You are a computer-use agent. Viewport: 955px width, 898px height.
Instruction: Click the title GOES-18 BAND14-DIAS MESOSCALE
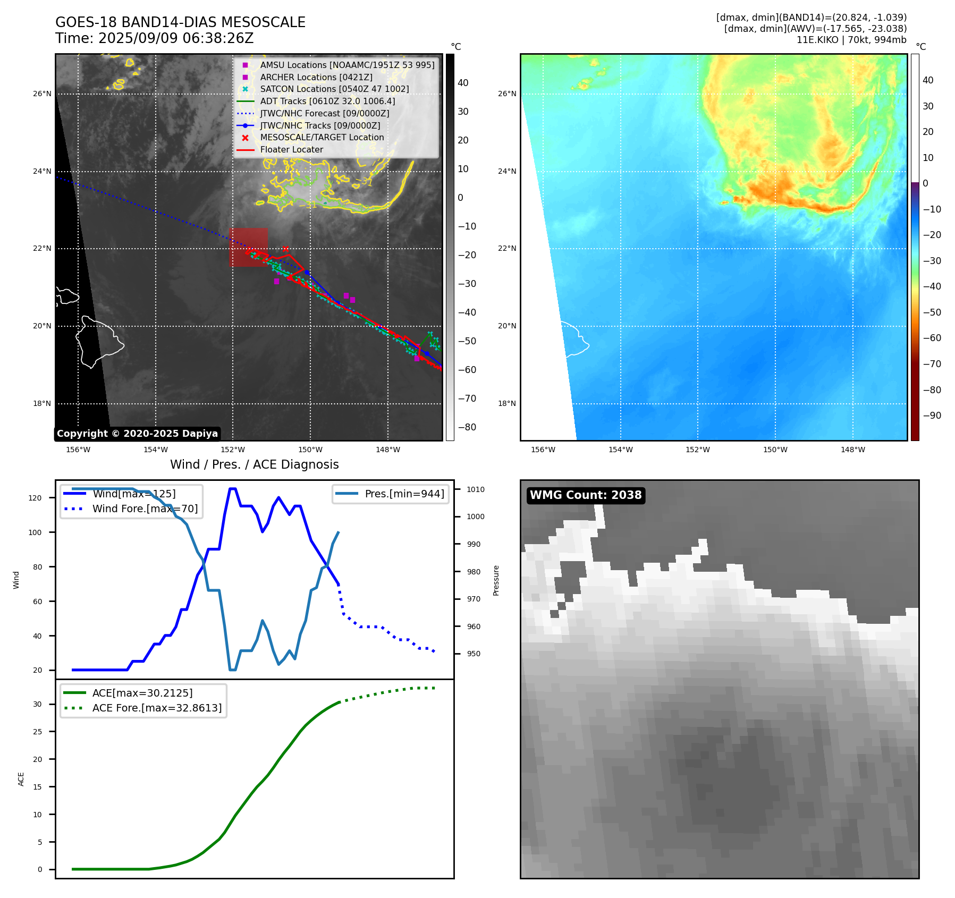180,22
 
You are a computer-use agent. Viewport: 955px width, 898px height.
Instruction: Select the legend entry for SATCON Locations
334,89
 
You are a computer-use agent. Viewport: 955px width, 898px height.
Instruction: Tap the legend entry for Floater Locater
291,149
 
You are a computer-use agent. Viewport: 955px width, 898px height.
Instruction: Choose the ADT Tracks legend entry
327,101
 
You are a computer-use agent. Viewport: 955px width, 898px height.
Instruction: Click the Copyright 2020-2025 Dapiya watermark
137,434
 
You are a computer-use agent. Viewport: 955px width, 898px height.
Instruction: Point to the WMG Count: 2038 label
586,495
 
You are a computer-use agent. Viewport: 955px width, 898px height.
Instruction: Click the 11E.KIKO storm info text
851,40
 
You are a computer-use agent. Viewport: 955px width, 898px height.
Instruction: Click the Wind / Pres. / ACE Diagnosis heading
254,464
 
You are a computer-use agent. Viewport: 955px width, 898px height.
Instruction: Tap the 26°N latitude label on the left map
43,94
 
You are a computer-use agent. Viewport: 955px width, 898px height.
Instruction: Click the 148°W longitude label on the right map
852,450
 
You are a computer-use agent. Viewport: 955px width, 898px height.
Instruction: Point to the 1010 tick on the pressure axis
476,489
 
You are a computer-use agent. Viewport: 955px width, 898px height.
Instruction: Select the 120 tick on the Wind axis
35,498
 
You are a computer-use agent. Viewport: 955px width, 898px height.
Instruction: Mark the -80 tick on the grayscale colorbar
467,427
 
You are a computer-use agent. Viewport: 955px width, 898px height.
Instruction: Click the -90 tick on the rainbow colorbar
932,416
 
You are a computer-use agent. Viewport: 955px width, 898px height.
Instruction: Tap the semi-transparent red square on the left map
248,247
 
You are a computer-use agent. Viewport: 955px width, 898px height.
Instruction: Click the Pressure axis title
496,580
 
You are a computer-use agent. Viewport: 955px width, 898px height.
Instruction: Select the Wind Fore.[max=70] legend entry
145,509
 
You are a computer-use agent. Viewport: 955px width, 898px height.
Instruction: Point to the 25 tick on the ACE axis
37,732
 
